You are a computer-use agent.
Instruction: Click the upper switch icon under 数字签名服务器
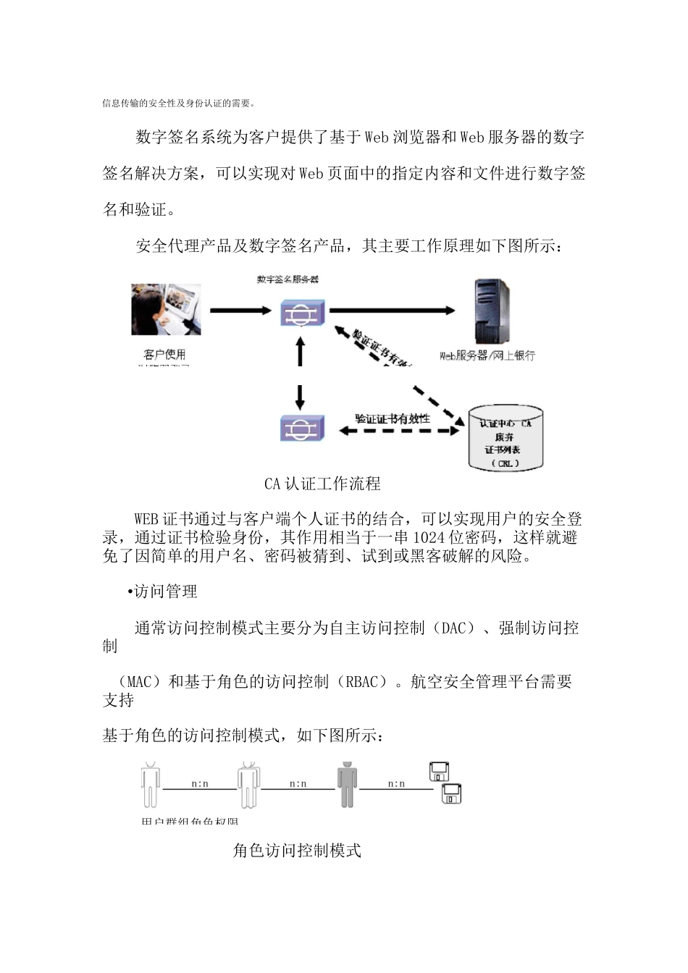302,312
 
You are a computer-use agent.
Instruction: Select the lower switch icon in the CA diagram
302,429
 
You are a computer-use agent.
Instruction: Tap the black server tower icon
491,312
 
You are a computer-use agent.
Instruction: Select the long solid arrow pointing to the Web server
392,311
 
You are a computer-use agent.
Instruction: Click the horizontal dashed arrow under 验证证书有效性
400,430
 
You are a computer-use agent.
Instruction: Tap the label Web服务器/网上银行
487,355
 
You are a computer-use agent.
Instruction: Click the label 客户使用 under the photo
165,354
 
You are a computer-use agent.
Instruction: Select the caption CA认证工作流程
322,484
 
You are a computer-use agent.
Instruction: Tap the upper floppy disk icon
439,772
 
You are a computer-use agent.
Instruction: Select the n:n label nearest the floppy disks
396,783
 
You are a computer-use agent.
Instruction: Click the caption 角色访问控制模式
297,850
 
